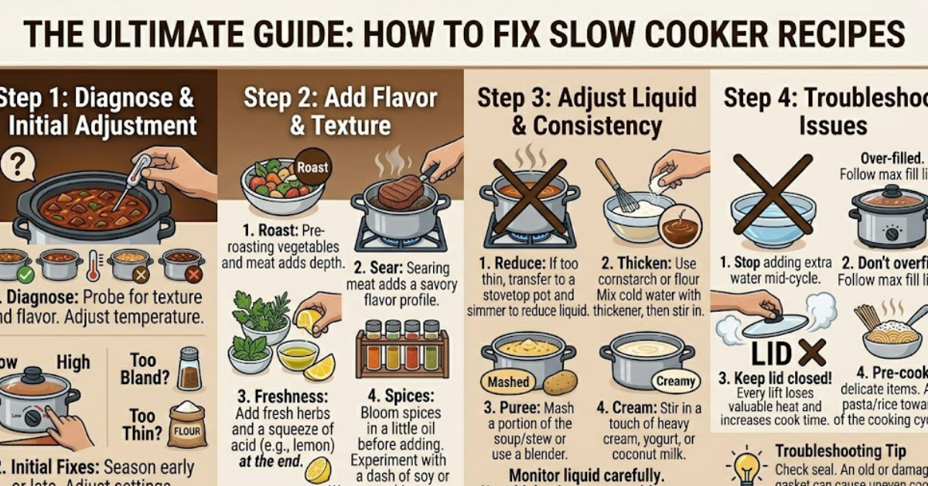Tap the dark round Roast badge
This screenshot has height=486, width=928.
(312, 167)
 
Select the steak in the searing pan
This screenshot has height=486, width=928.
(400, 191)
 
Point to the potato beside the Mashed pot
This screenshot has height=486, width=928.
(559, 382)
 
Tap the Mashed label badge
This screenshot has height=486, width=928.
(507, 382)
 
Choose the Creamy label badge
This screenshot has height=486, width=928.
(674, 381)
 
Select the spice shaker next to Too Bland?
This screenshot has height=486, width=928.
(189, 368)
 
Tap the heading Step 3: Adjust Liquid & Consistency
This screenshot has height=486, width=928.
(586, 111)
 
